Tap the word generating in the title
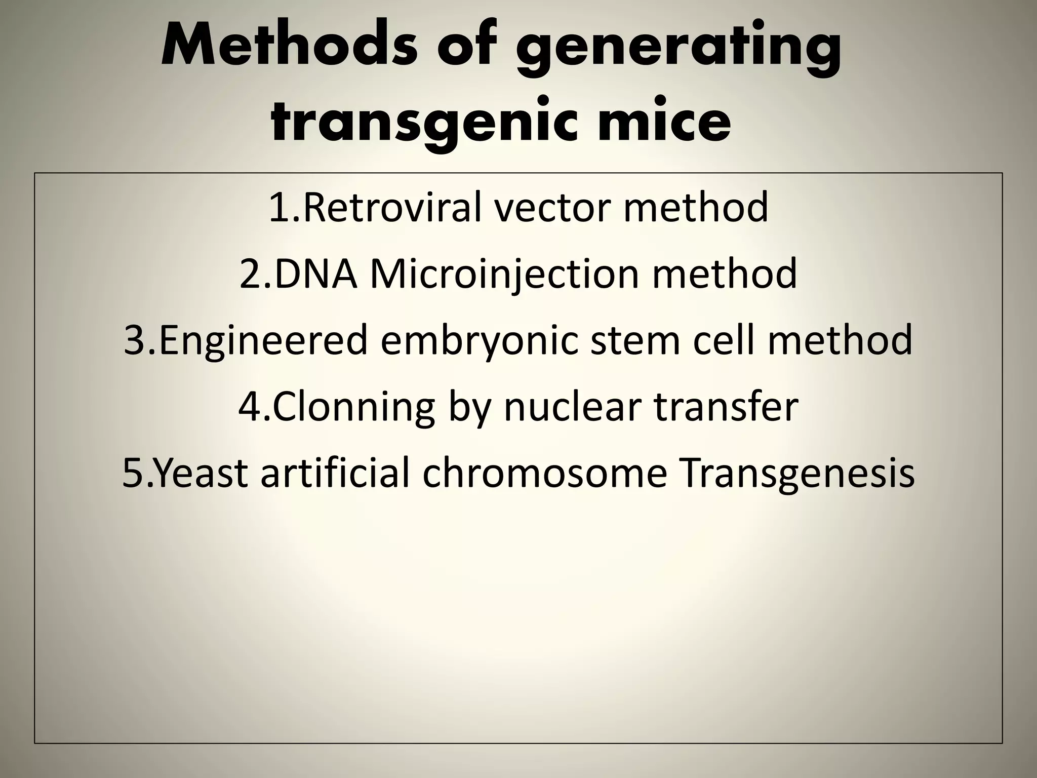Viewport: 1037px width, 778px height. pyautogui.click(x=679, y=51)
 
